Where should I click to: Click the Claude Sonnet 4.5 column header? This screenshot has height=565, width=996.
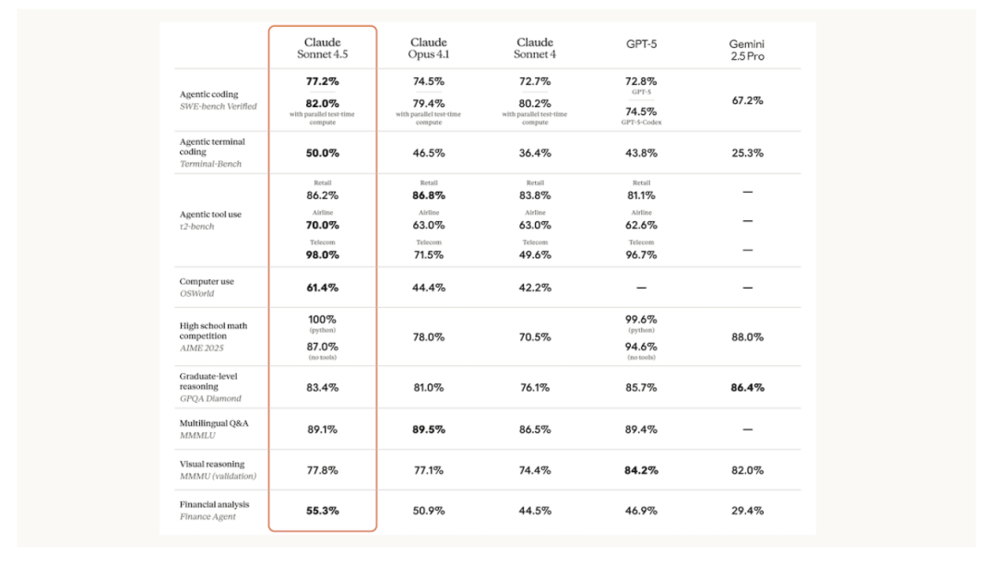point(322,48)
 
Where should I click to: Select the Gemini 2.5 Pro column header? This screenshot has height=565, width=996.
point(747,50)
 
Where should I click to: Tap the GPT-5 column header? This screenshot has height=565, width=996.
point(641,43)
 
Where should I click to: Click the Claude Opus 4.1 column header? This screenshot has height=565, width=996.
point(429,48)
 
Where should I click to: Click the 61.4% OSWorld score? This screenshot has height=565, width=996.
point(322,288)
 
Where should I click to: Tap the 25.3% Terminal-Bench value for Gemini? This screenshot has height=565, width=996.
point(747,153)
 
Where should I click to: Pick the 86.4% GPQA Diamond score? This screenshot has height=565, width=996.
point(747,388)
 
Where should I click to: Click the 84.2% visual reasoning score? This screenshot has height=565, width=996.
point(641,470)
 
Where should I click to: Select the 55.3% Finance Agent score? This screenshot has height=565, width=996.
point(322,510)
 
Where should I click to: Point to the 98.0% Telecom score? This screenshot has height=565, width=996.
point(322,254)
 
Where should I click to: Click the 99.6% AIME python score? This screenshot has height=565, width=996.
point(641,319)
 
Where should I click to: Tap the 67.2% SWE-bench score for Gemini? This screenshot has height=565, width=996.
point(747,100)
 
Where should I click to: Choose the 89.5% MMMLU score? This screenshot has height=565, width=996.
point(429,429)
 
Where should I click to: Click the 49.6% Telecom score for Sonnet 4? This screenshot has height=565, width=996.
point(535,254)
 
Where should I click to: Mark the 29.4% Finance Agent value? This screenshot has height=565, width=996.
point(747,510)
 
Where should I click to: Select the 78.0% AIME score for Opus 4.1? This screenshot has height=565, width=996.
point(429,337)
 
